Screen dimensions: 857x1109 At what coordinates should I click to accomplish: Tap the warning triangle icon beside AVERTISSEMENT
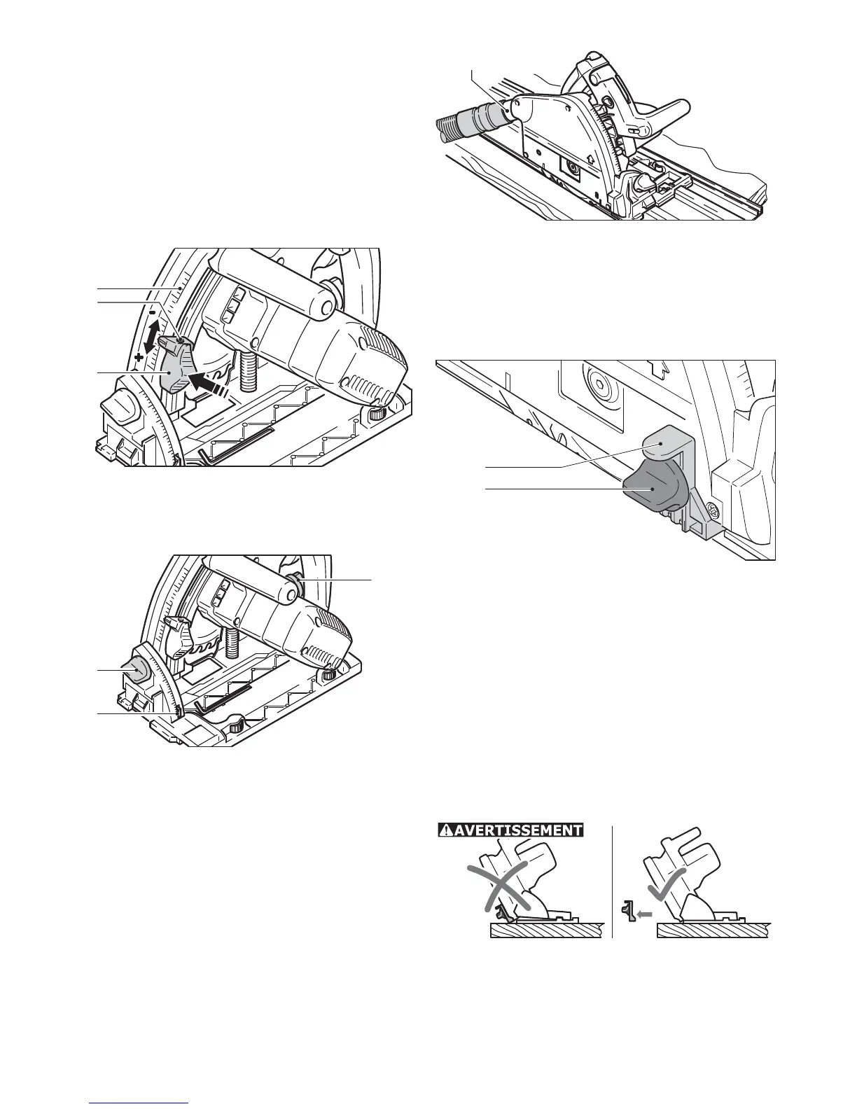(445, 830)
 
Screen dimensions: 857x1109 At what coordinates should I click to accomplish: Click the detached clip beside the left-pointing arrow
(629, 912)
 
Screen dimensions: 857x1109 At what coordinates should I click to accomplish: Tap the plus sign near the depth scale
(139, 357)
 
